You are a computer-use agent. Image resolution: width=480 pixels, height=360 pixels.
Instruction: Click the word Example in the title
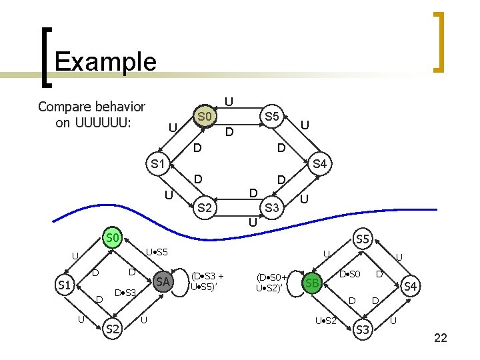[105, 62]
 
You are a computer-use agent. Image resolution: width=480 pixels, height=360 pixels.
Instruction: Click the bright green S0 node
[112, 237]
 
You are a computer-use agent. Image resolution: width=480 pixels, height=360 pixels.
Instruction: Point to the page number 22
[440, 339]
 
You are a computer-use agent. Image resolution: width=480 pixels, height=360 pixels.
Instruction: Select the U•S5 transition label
[157, 253]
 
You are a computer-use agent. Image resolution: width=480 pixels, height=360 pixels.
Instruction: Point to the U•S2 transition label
[326, 321]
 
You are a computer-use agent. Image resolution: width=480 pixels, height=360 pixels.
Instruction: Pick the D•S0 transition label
[350, 274]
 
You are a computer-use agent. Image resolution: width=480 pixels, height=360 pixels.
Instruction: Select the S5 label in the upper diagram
[271, 117]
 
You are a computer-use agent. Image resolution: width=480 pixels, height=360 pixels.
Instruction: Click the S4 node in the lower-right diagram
[411, 287]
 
